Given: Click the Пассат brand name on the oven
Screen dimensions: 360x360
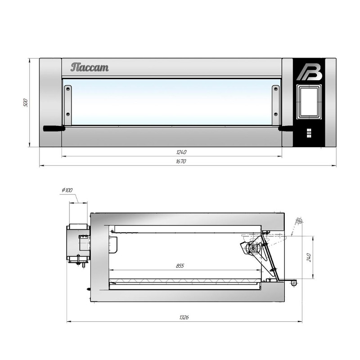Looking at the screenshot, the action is point(90,67).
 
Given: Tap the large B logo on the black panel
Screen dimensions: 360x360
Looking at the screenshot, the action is point(309,72).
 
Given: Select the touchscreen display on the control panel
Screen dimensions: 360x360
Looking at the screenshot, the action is point(309,102).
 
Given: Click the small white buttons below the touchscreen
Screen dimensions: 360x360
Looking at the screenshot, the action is point(309,133).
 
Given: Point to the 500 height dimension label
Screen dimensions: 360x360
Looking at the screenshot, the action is point(26,103).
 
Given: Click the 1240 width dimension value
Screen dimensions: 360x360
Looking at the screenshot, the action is point(181,152).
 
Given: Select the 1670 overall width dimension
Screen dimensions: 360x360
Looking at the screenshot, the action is point(181,162).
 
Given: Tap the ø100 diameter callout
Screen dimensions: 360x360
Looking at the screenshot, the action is point(67,190).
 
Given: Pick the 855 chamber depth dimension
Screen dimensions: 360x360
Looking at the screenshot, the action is point(180,265).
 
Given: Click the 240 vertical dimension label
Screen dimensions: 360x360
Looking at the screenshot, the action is point(309,257).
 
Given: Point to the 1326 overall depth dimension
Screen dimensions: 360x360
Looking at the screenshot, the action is point(184,317).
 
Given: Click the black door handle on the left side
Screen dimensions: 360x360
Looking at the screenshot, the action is point(54,128).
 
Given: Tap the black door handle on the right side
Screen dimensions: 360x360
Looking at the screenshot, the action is point(286,128).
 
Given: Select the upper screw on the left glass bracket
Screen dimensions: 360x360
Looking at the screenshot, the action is point(68,89).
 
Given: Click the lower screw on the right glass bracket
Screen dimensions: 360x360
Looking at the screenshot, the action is point(276,114).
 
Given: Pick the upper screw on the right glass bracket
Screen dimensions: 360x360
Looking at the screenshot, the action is point(276,89).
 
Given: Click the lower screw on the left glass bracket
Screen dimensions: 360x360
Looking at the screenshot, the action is point(68,114).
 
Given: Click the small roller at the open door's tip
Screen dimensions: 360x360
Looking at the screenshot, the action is point(294,283).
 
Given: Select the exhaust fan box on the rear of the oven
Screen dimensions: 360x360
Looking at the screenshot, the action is point(78,244).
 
